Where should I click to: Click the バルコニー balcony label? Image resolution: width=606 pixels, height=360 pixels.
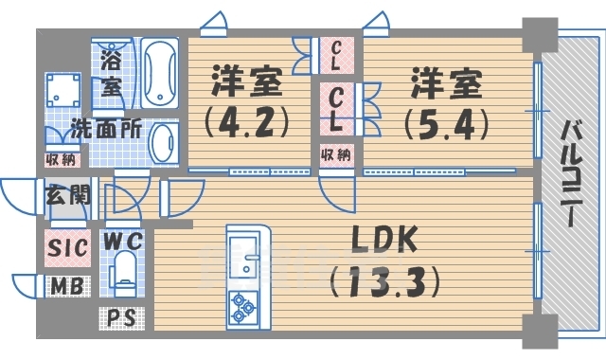(x=570, y=171)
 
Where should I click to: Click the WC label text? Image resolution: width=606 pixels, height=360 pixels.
(x=123, y=239)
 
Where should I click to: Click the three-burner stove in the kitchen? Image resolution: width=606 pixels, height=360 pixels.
(x=242, y=306)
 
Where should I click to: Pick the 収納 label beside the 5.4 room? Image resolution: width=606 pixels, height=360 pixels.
(x=336, y=154)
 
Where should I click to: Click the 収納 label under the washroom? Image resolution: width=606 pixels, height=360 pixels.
(x=59, y=158)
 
